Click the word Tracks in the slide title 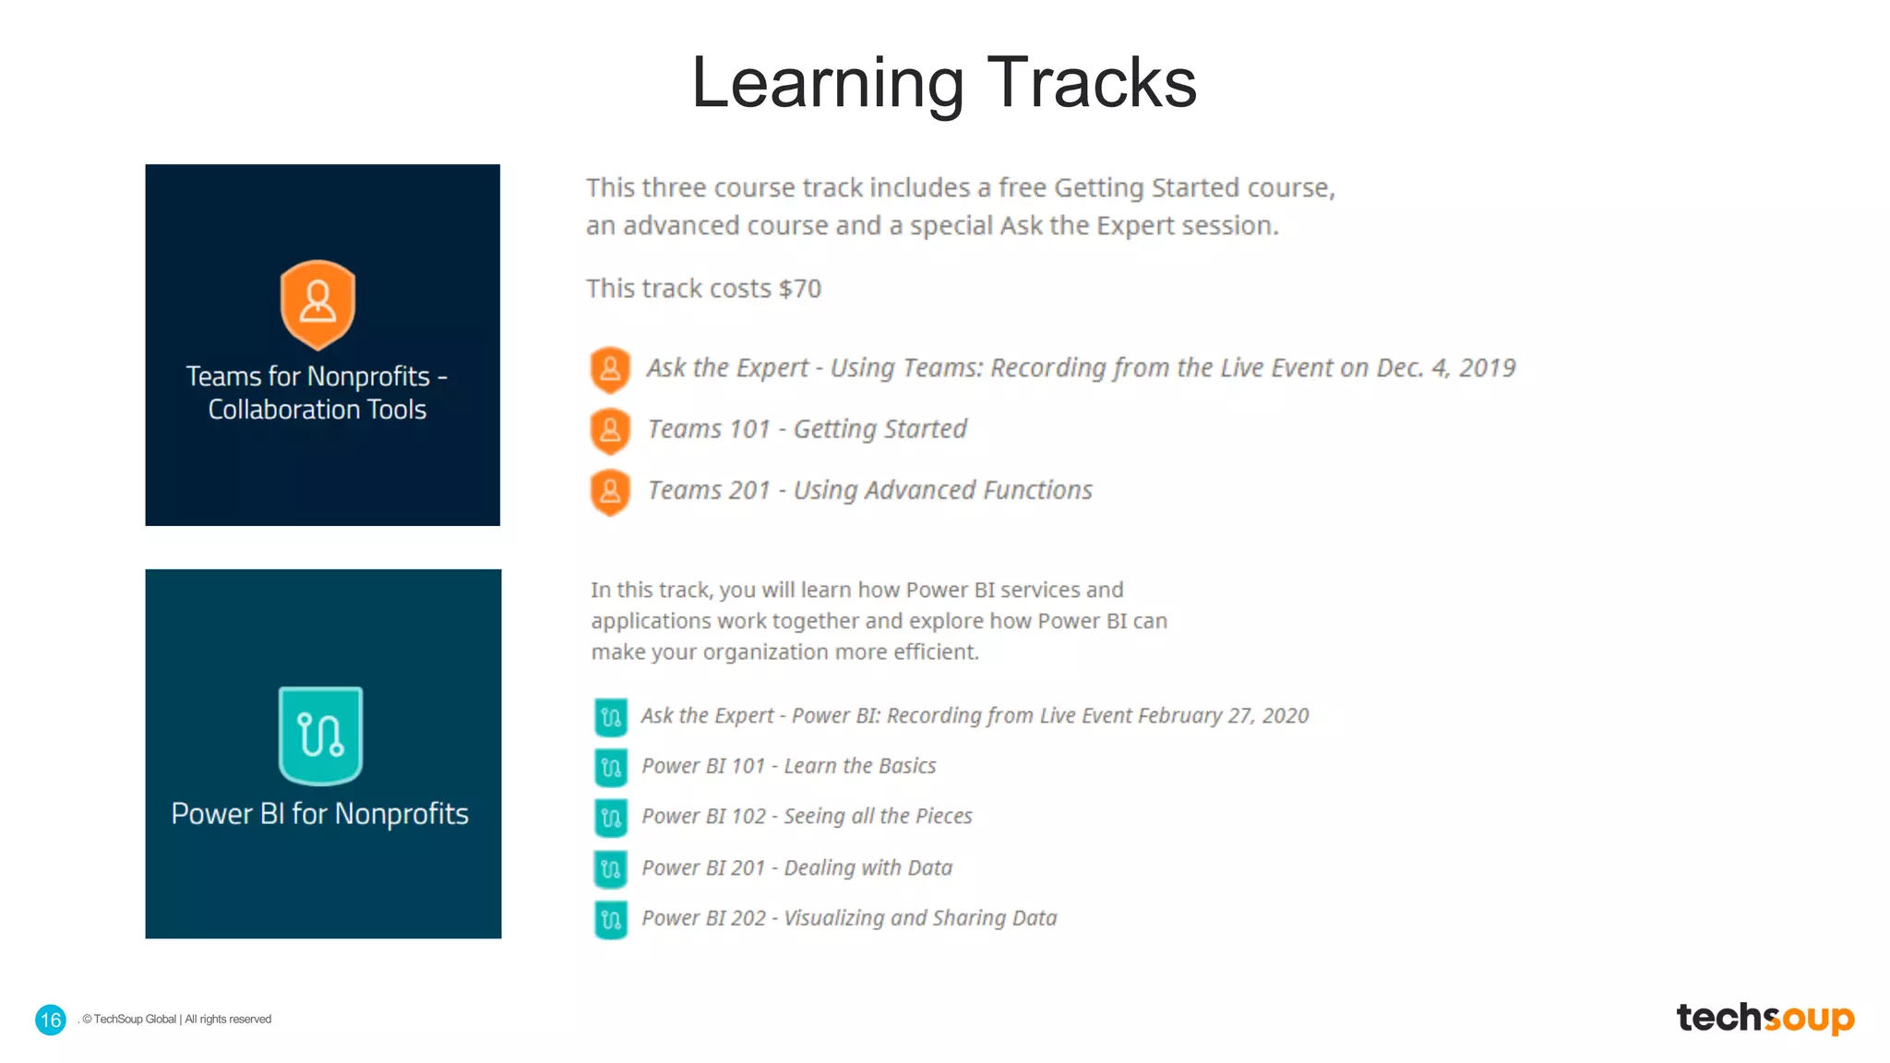[x=1092, y=83]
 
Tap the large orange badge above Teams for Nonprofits [x=317, y=304]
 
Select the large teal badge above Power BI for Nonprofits [x=320, y=735]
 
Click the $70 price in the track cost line [x=799, y=289]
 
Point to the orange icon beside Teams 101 [x=610, y=430]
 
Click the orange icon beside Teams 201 [x=610, y=491]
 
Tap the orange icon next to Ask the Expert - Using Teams [x=610, y=369]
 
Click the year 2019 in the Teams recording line [x=1487, y=368]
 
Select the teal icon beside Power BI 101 [x=610, y=767]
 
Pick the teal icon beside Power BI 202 [x=610, y=919]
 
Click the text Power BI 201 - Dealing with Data [x=796, y=867]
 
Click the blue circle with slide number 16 [x=51, y=1020]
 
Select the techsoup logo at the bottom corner [x=1764, y=1018]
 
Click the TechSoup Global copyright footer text [x=177, y=1020]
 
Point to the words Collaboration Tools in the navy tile [x=317, y=410]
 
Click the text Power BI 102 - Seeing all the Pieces [x=807, y=817]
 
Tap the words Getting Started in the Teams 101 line [x=879, y=429]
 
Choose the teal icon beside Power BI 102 [x=610, y=818]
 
